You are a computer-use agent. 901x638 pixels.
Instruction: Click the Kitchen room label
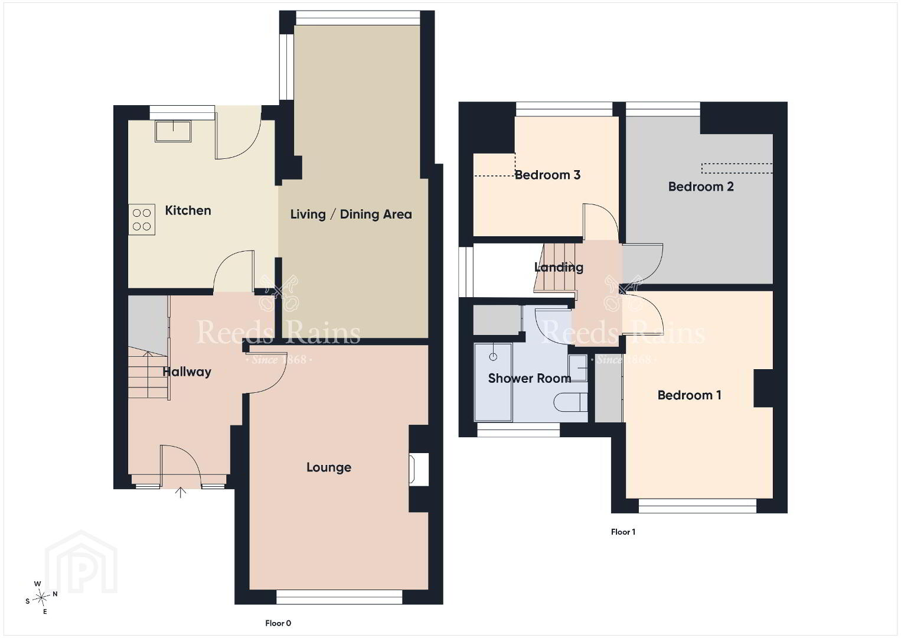[x=188, y=210]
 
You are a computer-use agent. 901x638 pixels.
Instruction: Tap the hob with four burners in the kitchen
[x=142, y=219]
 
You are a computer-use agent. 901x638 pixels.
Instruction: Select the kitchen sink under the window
[x=173, y=131]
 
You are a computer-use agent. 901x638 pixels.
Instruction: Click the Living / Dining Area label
[x=351, y=214]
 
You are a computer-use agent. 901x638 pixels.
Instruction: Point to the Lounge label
[x=329, y=467]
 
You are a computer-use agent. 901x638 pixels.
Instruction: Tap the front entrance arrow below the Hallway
[x=181, y=492]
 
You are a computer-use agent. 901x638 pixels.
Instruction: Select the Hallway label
[x=187, y=372]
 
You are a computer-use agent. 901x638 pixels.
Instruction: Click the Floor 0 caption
[x=278, y=623]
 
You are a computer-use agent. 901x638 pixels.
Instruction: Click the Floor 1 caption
[x=623, y=532]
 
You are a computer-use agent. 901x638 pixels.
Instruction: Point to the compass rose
[x=41, y=598]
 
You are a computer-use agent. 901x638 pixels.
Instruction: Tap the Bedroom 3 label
[x=547, y=175]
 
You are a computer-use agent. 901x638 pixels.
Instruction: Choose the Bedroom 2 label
[x=701, y=186]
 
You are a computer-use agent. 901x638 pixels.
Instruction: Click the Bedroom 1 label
[x=690, y=395]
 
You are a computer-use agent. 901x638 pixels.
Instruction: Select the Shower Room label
[x=530, y=378]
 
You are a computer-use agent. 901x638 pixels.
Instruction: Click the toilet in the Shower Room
[x=570, y=402]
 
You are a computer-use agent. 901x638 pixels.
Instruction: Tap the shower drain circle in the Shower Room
[x=493, y=357]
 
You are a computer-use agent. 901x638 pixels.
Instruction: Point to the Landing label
[x=559, y=267]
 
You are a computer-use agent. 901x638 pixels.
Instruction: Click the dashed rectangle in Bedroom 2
[x=737, y=168]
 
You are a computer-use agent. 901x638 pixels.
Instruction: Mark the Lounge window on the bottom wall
[x=339, y=597]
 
